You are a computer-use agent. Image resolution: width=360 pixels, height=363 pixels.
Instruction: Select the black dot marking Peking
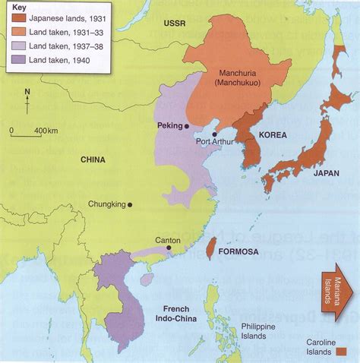coord(187,127)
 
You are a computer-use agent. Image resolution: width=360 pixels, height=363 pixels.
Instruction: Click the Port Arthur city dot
coord(214,133)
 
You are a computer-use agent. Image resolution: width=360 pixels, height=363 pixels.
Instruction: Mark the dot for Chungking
coord(131,204)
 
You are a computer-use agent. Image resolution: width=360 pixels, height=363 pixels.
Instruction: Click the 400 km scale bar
coord(27,134)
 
